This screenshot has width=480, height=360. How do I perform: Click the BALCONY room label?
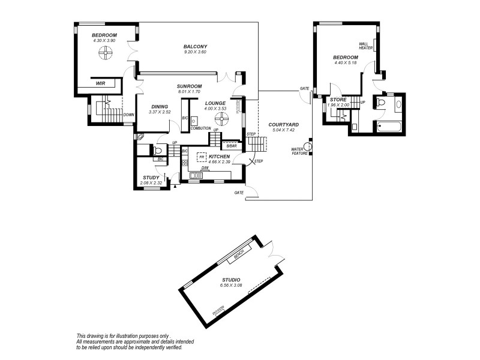tap(196, 47)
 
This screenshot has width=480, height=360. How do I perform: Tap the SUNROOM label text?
tap(189, 86)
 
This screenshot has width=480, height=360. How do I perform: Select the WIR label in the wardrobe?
tap(100, 84)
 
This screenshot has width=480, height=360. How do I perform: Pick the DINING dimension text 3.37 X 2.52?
tap(160, 112)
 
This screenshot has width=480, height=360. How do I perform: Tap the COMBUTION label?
tap(200, 128)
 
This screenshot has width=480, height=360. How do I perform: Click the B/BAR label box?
tap(232, 146)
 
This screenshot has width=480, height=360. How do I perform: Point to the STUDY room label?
tap(151, 177)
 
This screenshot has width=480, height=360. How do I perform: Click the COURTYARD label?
tap(284, 124)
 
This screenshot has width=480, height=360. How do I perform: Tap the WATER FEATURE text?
tap(299, 151)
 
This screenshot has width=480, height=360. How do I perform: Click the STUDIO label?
tap(231, 280)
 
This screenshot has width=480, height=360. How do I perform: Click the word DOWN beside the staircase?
tap(128, 114)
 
